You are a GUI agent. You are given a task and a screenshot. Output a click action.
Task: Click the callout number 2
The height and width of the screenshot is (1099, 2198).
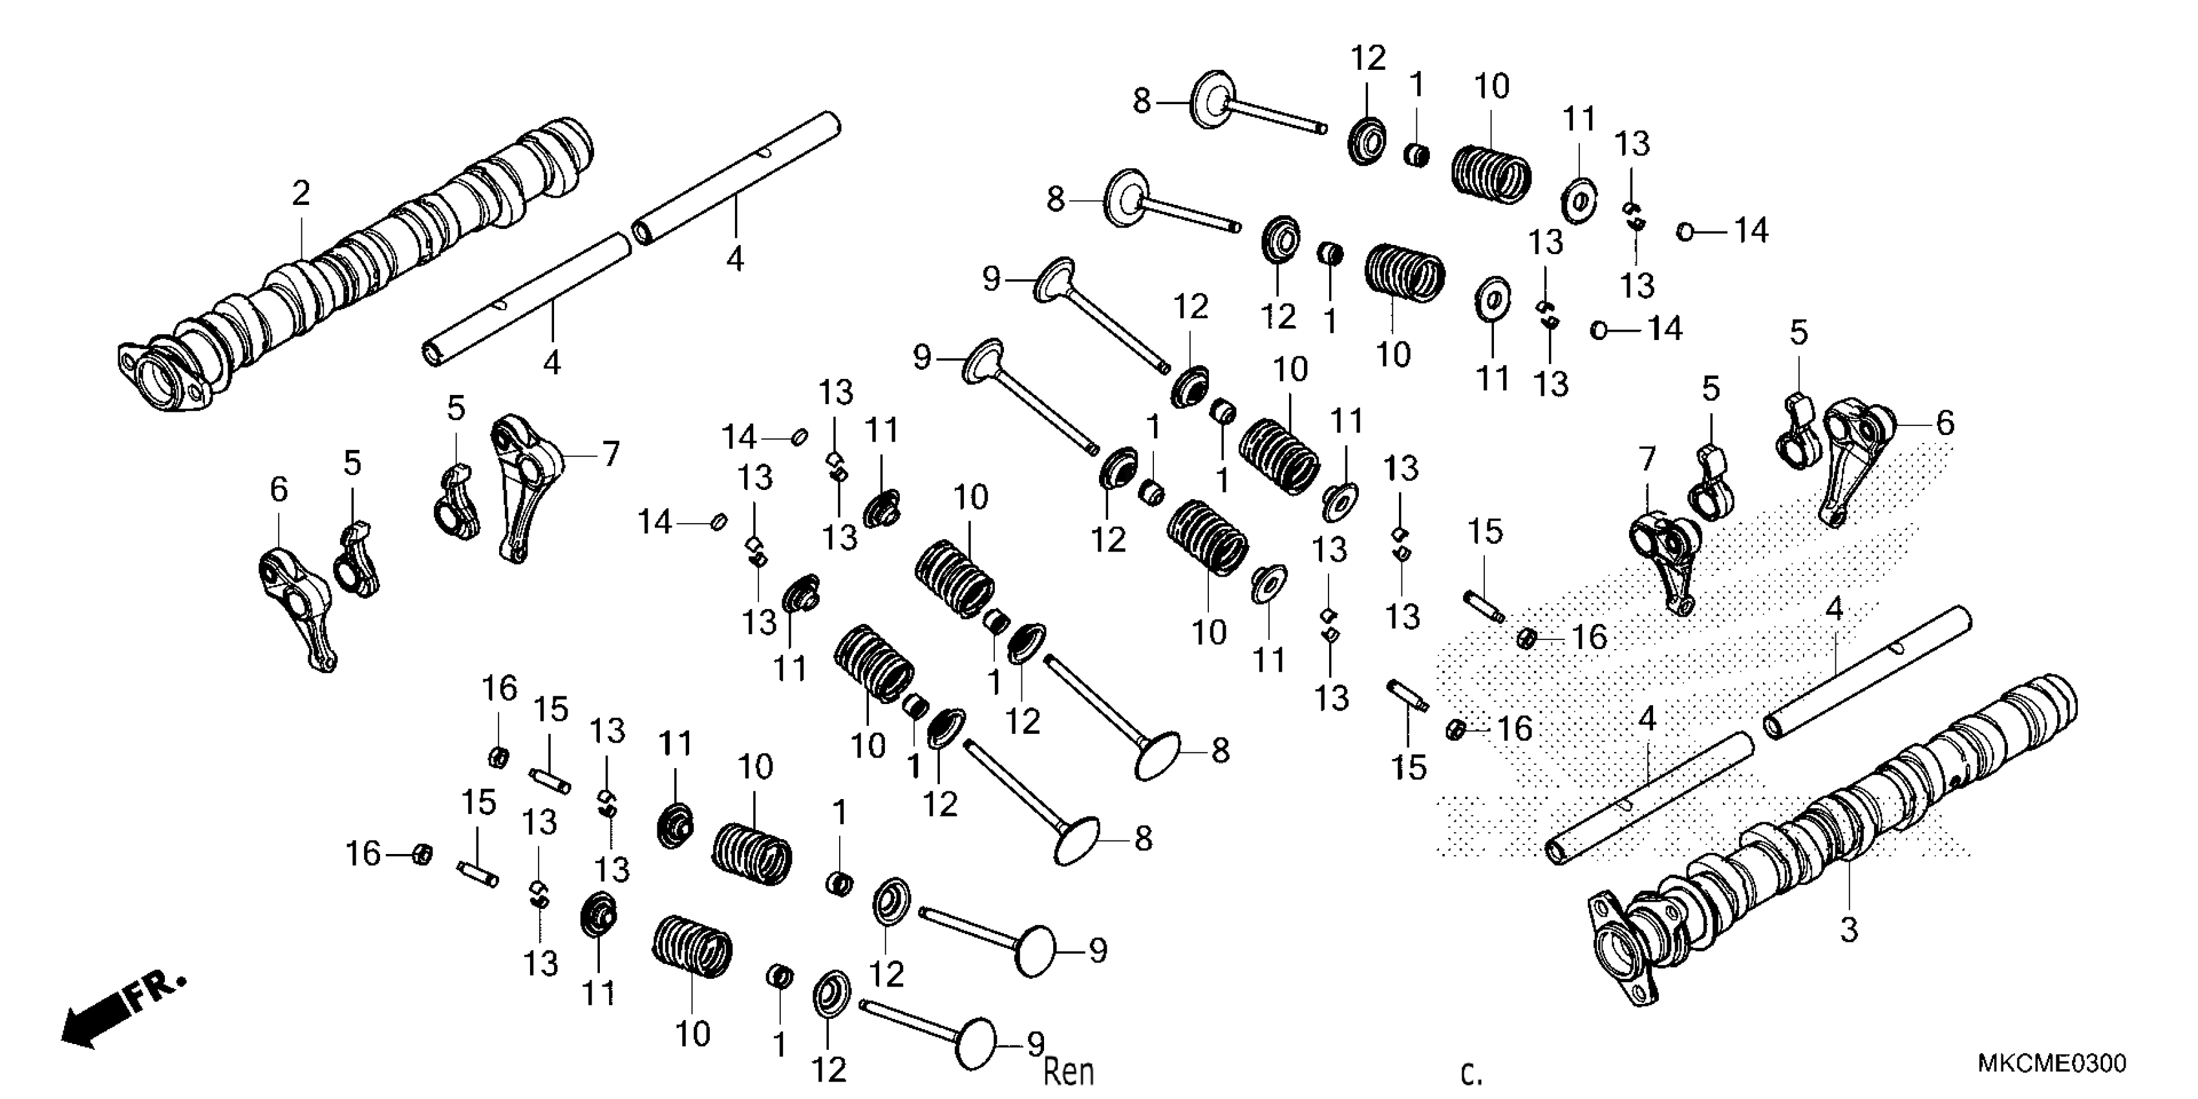pos(301,194)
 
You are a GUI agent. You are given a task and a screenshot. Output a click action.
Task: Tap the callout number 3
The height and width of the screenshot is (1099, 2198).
pos(1848,929)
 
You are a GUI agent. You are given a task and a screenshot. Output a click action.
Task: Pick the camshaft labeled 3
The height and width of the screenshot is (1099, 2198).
pos(1835,836)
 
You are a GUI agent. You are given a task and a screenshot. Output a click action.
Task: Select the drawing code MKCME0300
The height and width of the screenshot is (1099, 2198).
pos(2051,1064)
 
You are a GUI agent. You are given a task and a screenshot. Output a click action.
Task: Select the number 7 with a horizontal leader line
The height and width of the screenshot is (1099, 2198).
pos(611,454)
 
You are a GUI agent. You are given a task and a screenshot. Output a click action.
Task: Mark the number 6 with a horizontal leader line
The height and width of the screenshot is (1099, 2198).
pos(1945,422)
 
